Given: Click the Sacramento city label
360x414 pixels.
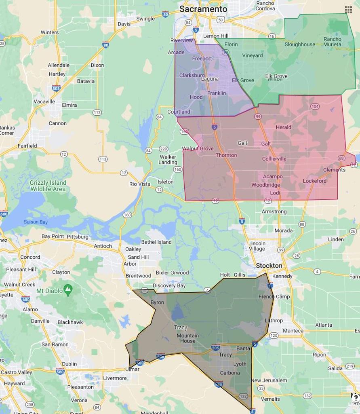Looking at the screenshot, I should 203,9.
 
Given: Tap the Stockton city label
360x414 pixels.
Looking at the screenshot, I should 269,266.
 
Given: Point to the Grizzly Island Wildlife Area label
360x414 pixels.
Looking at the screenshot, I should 48,186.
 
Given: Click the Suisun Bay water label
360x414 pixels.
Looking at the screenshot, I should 36,222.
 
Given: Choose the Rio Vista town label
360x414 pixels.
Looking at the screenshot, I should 139,184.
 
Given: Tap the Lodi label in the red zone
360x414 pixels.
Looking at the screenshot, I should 275,193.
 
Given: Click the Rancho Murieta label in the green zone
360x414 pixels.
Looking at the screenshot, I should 332,42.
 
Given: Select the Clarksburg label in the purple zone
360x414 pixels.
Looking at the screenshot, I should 192,75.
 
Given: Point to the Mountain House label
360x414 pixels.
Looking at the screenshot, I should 187,338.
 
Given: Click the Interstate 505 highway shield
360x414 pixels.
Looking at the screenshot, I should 56,88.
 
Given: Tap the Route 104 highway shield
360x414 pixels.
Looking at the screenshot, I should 315,106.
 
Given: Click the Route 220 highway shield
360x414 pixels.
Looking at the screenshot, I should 163,149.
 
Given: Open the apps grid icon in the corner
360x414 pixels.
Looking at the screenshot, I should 348,9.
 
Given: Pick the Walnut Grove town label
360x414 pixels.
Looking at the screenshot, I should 198,149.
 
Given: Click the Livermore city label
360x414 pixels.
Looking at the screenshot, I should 115,378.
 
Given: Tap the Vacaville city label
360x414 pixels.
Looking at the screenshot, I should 44,101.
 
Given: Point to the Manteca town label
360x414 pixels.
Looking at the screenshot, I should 293,331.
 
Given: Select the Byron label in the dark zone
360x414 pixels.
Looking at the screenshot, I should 157,302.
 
